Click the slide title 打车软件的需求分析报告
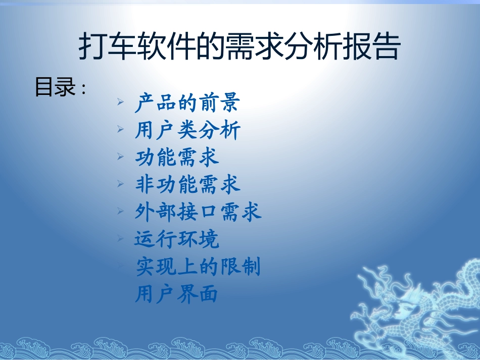pos(240,48)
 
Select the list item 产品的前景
pos(187,103)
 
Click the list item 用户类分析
pos(187,131)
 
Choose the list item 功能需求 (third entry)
pos(177,158)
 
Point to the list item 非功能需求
pos(187,185)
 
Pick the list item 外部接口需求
pos(198,212)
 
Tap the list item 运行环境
pos(177,239)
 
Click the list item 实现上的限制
pos(198,266)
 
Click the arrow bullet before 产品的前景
pos(120,102)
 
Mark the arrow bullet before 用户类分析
pos(120,130)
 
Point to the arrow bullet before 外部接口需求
pos(120,211)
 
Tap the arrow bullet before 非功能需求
pos(120,184)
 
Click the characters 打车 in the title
pos(106,48)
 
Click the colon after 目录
pos(83,89)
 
